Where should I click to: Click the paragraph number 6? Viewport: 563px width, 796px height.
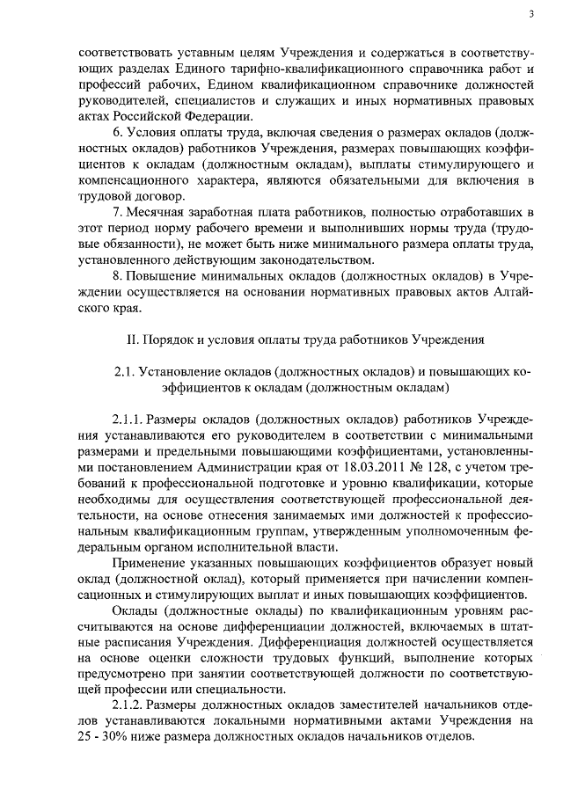click(x=118, y=132)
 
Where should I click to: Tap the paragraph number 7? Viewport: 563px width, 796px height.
click(x=118, y=212)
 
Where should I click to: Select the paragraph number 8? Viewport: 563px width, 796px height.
click(x=118, y=276)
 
